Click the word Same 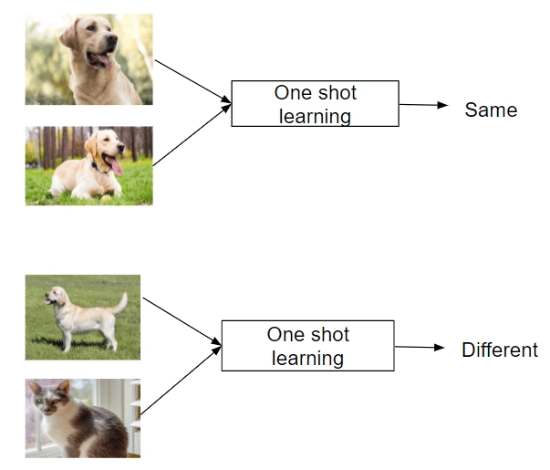coord(491,110)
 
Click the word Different coord(499,350)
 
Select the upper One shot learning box coord(315,103)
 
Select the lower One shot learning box coord(307,345)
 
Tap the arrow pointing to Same coord(424,105)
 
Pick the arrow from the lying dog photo coord(192,137)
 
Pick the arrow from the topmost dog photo coord(192,79)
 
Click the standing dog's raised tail coord(121,302)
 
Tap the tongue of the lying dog coord(117,166)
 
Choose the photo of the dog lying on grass coord(88,165)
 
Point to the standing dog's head coord(56,295)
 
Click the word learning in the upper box coord(315,116)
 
